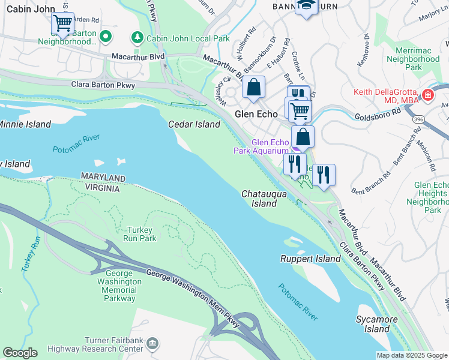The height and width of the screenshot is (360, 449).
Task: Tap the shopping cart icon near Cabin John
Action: tap(62, 23)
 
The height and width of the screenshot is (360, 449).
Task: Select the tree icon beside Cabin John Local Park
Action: tap(137, 38)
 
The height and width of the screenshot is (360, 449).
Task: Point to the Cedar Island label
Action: tap(194, 124)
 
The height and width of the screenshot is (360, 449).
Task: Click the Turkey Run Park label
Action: tap(141, 234)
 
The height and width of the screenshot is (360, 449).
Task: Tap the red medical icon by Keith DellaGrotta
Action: tap(427, 95)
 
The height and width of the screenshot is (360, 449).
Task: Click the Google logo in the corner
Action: tap(19, 353)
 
